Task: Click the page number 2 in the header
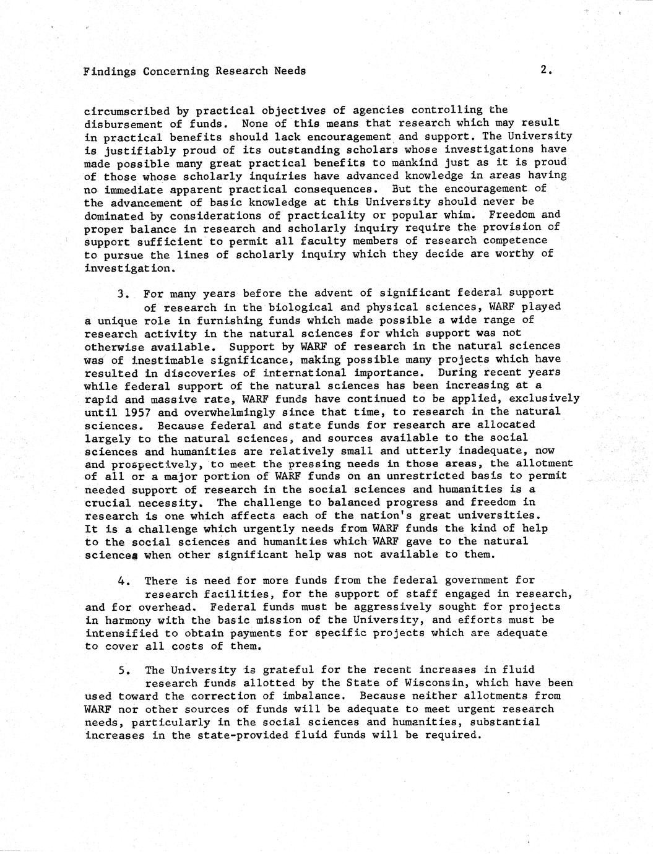[x=544, y=70]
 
